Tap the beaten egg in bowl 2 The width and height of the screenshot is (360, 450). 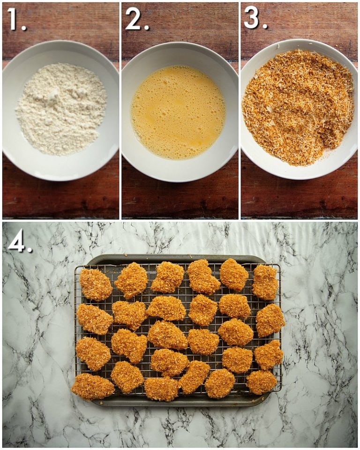click(x=178, y=112)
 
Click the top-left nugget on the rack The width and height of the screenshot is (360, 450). click(x=96, y=284)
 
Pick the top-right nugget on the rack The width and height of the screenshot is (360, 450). click(x=265, y=282)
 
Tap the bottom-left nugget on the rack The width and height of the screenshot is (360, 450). click(x=92, y=386)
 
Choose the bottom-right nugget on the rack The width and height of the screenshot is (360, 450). click(x=262, y=382)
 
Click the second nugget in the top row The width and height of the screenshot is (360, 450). click(x=131, y=279)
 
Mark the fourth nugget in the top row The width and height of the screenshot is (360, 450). click(x=203, y=277)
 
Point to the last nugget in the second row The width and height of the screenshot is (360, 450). click(x=270, y=320)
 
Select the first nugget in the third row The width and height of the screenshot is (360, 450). click(x=93, y=353)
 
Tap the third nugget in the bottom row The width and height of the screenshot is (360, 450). click(x=161, y=389)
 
